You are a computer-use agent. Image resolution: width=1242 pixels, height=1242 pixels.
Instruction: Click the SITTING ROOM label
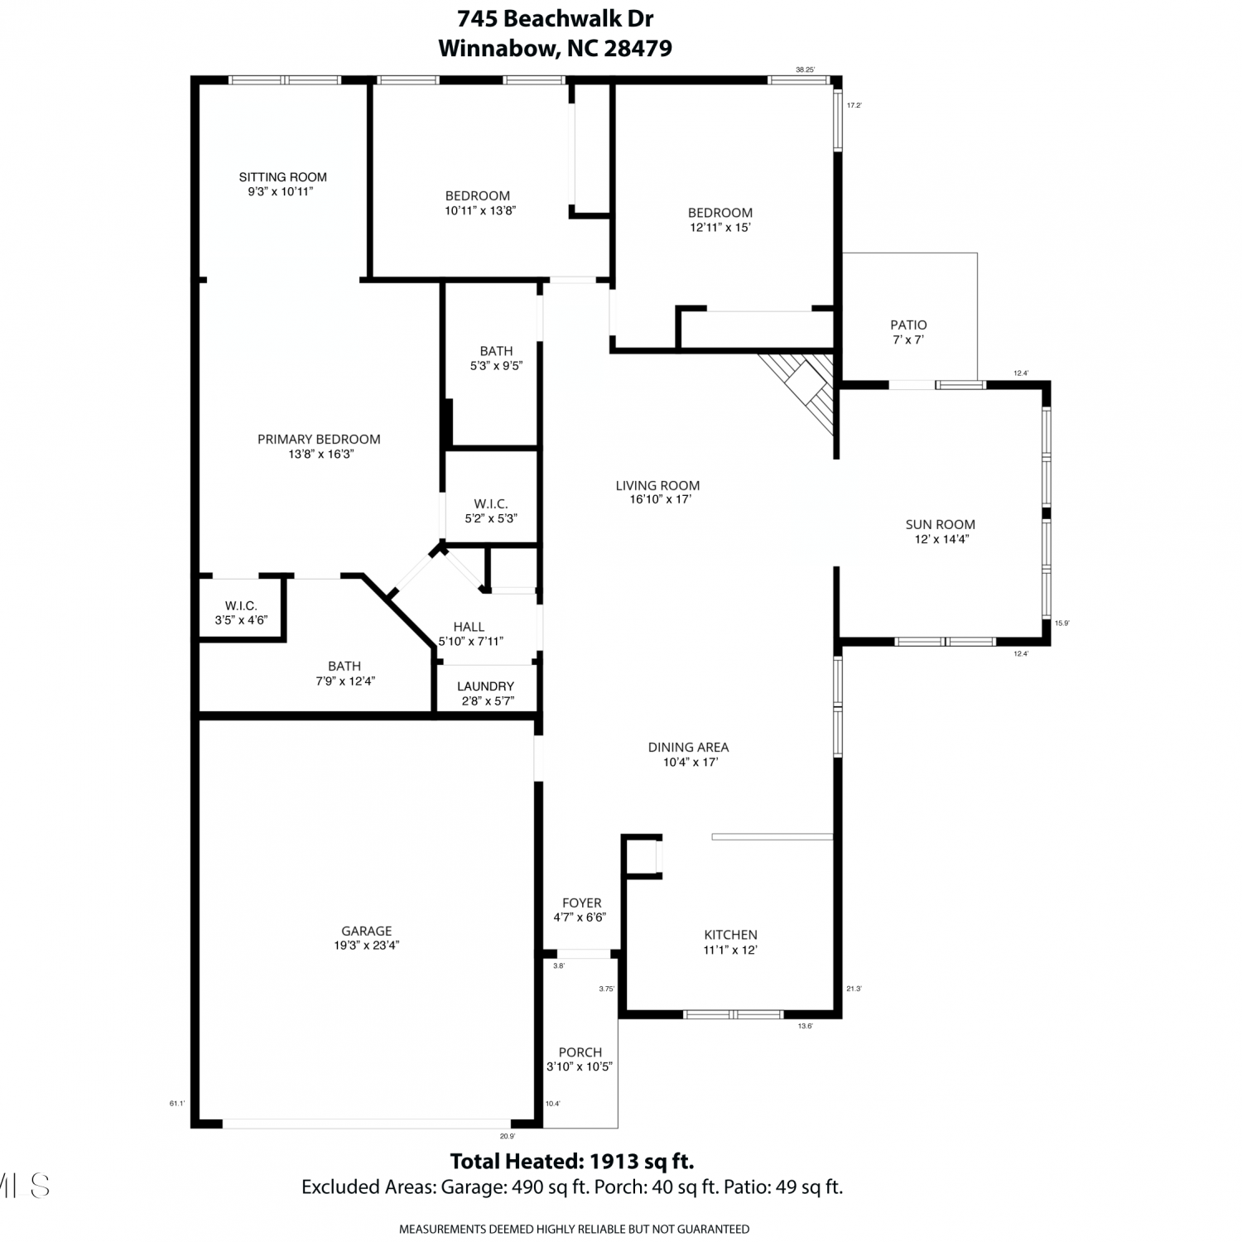point(283,176)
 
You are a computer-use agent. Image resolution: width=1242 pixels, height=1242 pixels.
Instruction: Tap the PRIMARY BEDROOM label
point(319,439)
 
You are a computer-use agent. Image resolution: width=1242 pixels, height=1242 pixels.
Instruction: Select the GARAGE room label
point(367,931)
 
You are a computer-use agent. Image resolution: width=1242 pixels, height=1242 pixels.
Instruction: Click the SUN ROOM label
point(941,524)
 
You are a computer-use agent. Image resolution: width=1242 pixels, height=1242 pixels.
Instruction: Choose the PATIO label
point(908,325)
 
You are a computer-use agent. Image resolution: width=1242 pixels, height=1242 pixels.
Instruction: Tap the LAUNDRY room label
point(485,686)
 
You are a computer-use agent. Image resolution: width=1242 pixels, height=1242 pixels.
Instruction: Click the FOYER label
point(581,903)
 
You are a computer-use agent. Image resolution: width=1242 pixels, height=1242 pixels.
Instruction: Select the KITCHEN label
point(731,935)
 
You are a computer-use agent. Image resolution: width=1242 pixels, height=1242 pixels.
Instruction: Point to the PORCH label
point(580,1052)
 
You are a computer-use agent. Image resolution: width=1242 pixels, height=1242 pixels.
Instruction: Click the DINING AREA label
point(688,747)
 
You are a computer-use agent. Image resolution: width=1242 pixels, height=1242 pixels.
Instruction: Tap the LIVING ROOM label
point(657,485)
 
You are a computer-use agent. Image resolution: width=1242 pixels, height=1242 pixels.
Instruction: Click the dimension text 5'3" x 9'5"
point(496,365)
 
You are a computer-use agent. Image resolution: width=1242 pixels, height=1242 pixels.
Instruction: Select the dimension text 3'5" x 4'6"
point(241,619)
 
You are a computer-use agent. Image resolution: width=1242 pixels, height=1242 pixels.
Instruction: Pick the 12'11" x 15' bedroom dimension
point(720,227)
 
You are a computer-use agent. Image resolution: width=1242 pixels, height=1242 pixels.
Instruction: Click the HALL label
point(469,627)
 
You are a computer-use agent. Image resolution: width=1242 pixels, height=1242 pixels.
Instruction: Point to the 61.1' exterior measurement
point(176,1103)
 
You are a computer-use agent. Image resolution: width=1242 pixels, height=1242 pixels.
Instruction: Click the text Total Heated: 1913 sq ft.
point(571,1160)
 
